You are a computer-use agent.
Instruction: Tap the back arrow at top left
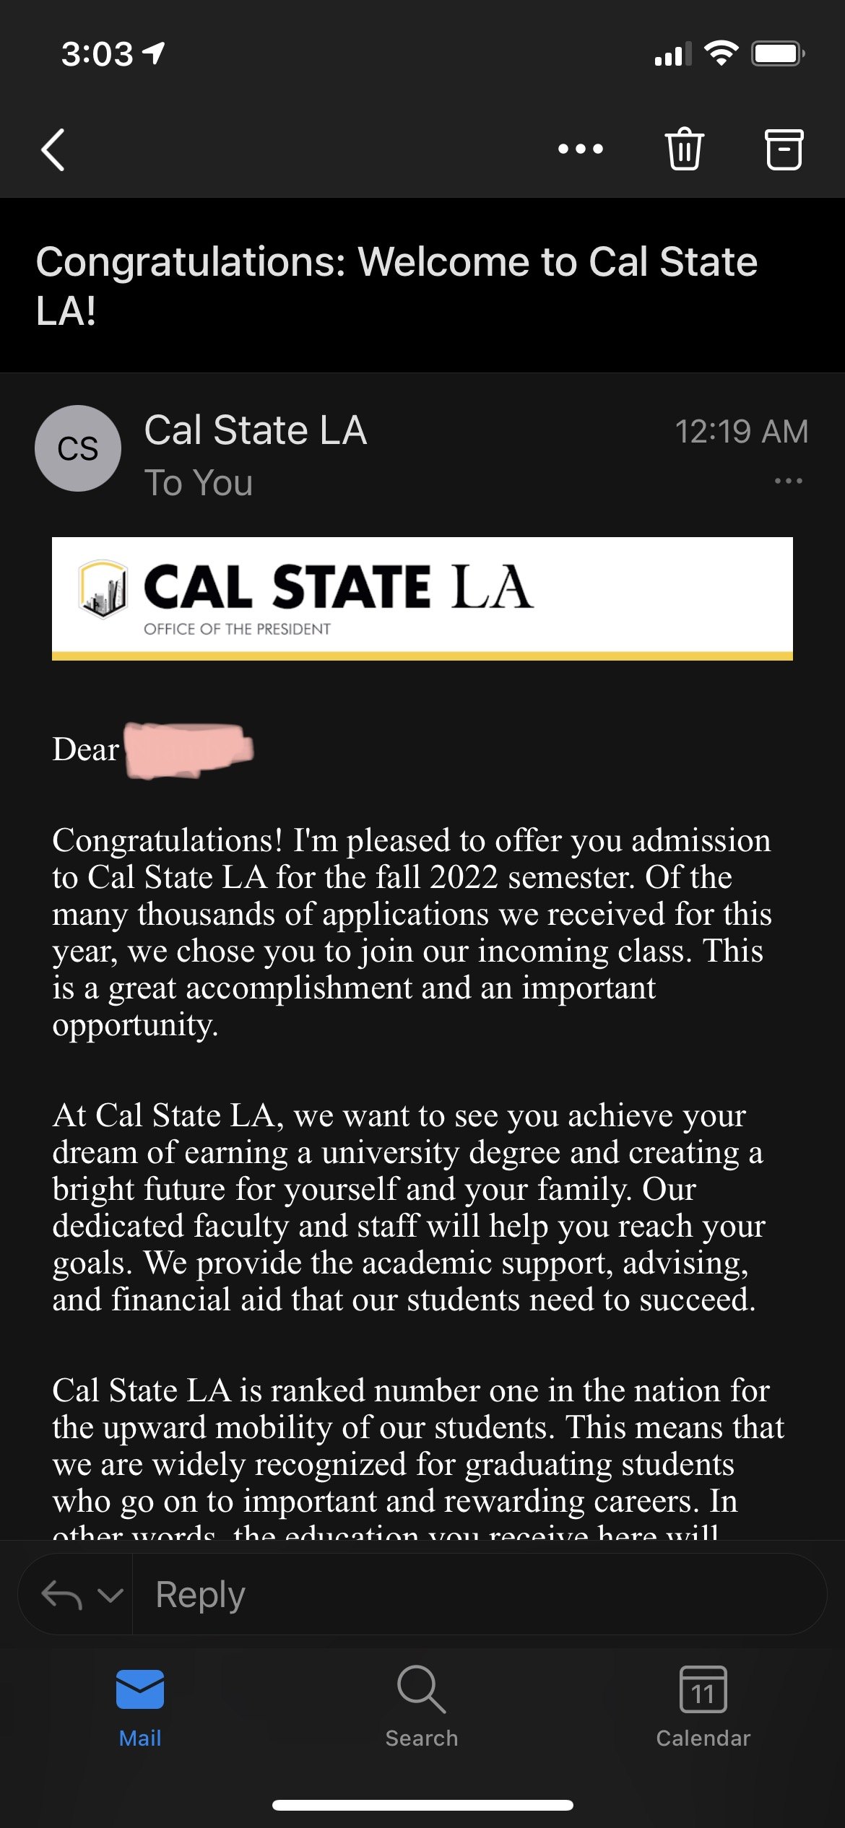pyautogui.click(x=53, y=149)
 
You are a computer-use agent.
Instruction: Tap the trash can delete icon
pyautogui.click(x=683, y=149)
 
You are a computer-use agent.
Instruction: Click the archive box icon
pyautogui.click(x=784, y=149)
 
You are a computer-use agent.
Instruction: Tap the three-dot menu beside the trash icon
pyautogui.click(x=581, y=149)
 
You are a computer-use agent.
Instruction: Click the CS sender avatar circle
pyautogui.click(x=78, y=448)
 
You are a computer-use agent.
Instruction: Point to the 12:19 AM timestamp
pyautogui.click(x=741, y=432)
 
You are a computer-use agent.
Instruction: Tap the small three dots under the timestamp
pyautogui.click(x=788, y=481)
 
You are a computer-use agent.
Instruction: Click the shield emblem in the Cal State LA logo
pyautogui.click(x=103, y=588)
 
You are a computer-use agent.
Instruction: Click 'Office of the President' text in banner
pyautogui.click(x=237, y=629)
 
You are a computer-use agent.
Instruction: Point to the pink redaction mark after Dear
pyautogui.click(x=188, y=750)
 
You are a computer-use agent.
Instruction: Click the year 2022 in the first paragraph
pyautogui.click(x=464, y=878)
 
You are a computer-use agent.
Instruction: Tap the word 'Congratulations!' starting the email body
pyautogui.click(x=168, y=841)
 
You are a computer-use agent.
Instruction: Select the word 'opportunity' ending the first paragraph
pyautogui.click(x=134, y=1025)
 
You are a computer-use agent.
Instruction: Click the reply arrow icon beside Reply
pyautogui.click(x=62, y=1594)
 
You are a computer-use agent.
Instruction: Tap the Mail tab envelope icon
pyautogui.click(x=140, y=1689)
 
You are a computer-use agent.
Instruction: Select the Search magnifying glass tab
pyautogui.click(x=422, y=1689)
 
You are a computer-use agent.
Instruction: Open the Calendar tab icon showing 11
pyautogui.click(x=703, y=1689)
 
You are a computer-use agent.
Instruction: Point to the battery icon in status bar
pyautogui.click(x=777, y=53)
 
